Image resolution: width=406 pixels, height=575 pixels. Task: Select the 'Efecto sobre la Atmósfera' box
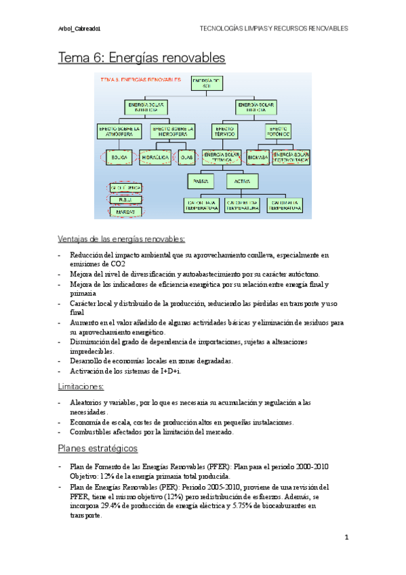[119, 130]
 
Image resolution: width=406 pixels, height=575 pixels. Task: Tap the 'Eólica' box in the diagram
[119, 157]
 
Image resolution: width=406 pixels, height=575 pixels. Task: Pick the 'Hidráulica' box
[155, 157]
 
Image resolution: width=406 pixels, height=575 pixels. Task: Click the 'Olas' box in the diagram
[187, 157]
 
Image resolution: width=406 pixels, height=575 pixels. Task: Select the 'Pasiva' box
[201, 182]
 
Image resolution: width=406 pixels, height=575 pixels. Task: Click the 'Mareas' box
[125, 212]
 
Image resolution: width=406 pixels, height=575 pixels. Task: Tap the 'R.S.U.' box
[125, 199]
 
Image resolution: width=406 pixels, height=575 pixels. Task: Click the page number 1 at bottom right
[346, 538]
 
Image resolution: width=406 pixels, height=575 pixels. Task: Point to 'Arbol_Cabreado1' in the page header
[80, 29]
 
